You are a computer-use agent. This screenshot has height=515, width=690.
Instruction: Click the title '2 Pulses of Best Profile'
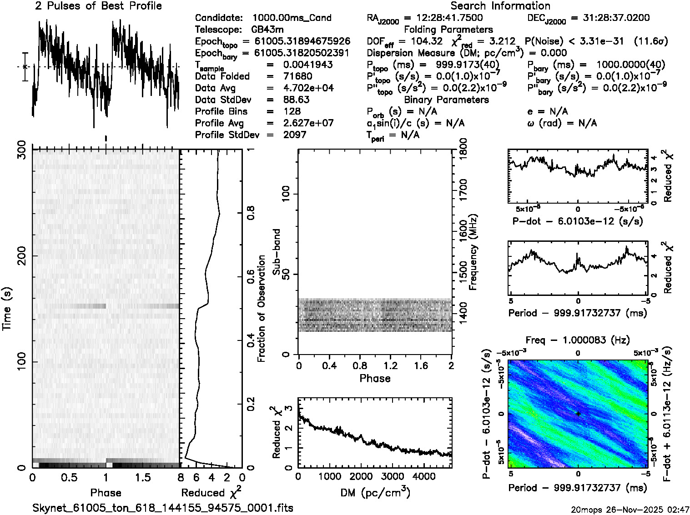click(x=98, y=6)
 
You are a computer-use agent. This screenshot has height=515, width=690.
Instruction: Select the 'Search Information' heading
click(x=500, y=6)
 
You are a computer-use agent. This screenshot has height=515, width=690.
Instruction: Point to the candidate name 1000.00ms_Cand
click(x=292, y=18)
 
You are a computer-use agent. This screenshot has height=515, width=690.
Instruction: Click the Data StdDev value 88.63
click(x=296, y=100)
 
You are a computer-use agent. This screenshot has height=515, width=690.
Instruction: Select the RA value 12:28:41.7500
click(x=443, y=18)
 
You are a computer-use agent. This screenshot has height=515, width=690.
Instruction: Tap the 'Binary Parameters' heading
click(x=446, y=100)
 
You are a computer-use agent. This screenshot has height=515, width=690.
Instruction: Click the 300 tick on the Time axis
click(x=21, y=150)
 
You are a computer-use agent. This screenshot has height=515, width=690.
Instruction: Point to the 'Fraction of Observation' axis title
click(x=261, y=309)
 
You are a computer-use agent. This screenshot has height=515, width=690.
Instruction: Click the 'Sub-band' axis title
click(x=276, y=251)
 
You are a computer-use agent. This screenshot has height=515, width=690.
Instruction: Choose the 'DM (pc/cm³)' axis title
click(x=375, y=493)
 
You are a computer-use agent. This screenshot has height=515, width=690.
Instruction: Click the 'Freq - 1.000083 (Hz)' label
click(x=578, y=340)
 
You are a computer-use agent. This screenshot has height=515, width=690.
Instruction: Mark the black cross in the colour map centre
click(x=578, y=414)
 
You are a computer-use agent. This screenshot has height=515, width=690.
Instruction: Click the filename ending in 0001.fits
click(x=163, y=508)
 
